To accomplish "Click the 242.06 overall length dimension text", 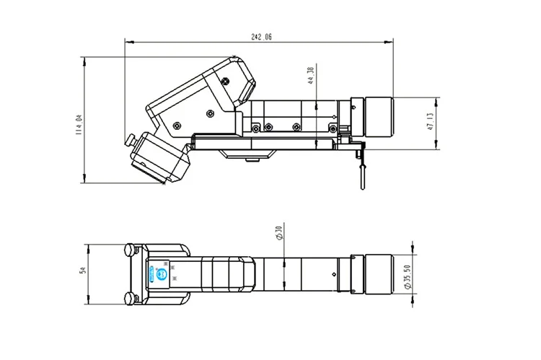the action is point(261,37).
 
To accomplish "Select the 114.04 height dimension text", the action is point(79,125).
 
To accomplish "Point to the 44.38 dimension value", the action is point(310,76).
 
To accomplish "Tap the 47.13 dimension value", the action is point(431,121).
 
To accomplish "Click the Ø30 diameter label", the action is point(278,232).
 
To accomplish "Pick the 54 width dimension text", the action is point(82,270).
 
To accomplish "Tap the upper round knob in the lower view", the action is point(130,250).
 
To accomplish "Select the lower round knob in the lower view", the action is point(130,299).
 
